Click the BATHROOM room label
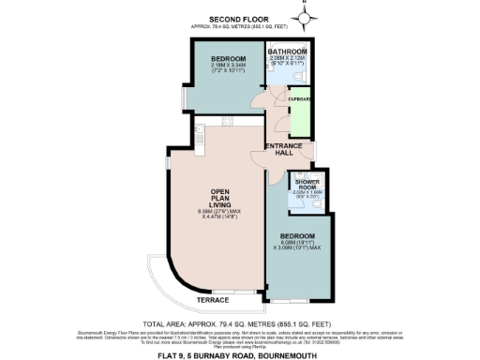287,51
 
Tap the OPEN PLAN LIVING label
216,202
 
